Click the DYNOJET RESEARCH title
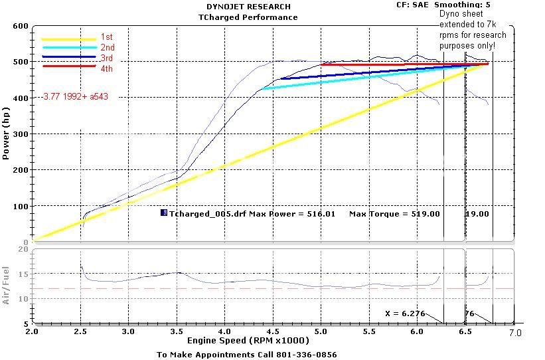click(248, 7)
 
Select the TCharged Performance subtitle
click(248, 17)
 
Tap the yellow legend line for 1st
click(68, 39)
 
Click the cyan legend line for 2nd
click(68, 48)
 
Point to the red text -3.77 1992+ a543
click(74, 96)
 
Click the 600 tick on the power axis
click(20, 27)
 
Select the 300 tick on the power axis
click(20, 134)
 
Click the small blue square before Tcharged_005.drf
click(164, 213)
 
